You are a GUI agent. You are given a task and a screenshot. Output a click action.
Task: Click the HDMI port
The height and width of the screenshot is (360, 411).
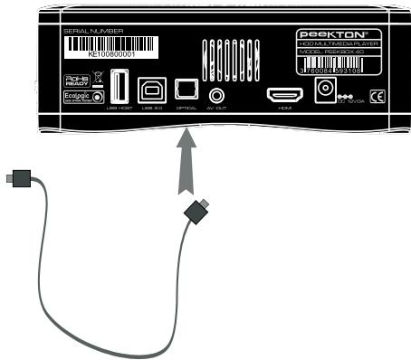[282, 94]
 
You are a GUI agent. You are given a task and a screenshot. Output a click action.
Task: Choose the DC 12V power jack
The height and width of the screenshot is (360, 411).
[322, 90]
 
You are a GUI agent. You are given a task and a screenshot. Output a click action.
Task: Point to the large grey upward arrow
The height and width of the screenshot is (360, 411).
[187, 163]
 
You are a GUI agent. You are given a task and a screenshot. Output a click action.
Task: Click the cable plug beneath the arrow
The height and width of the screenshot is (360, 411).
[196, 213]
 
